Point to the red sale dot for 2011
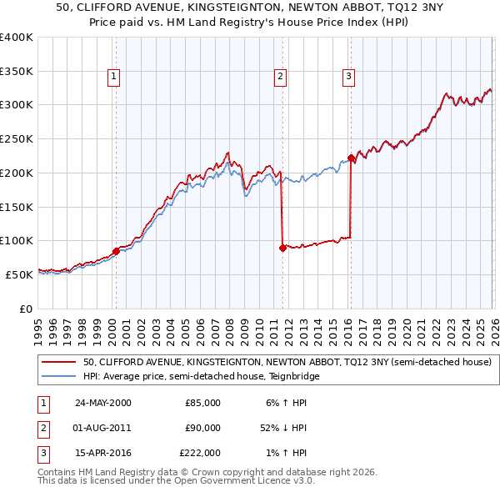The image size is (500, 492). click(x=282, y=248)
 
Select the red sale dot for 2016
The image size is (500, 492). click(x=352, y=158)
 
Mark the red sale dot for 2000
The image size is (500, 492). click(x=116, y=251)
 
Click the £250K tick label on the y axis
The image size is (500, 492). click(x=16, y=138)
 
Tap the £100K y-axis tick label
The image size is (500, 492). click(x=16, y=240)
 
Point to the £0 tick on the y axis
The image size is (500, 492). click(x=25, y=309)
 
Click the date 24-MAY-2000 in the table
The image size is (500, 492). click(x=102, y=403)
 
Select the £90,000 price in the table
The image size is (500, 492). click(x=202, y=428)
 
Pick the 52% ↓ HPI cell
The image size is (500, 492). click(x=284, y=428)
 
